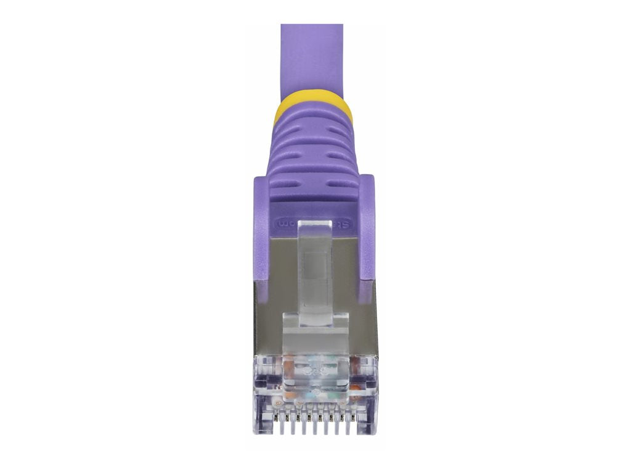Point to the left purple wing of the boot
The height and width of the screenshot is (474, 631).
(x=261, y=228)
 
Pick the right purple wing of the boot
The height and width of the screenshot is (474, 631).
(x=367, y=228)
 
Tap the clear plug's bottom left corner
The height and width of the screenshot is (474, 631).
(x=256, y=430)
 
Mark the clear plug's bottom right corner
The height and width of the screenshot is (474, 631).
(x=373, y=430)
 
